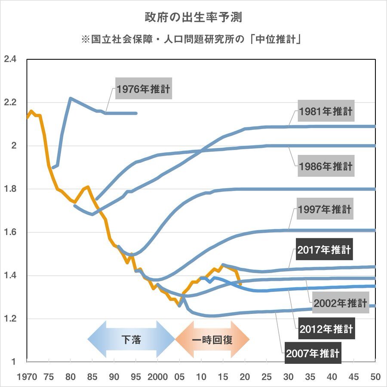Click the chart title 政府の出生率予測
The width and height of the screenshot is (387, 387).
(193, 18)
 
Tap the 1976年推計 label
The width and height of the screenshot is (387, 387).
(144, 89)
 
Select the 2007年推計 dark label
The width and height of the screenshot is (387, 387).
(313, 353)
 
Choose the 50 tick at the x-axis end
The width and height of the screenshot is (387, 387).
(375, 377)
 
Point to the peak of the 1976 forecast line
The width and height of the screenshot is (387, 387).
(71, 98)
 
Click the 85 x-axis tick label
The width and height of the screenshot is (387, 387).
(92, 377)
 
